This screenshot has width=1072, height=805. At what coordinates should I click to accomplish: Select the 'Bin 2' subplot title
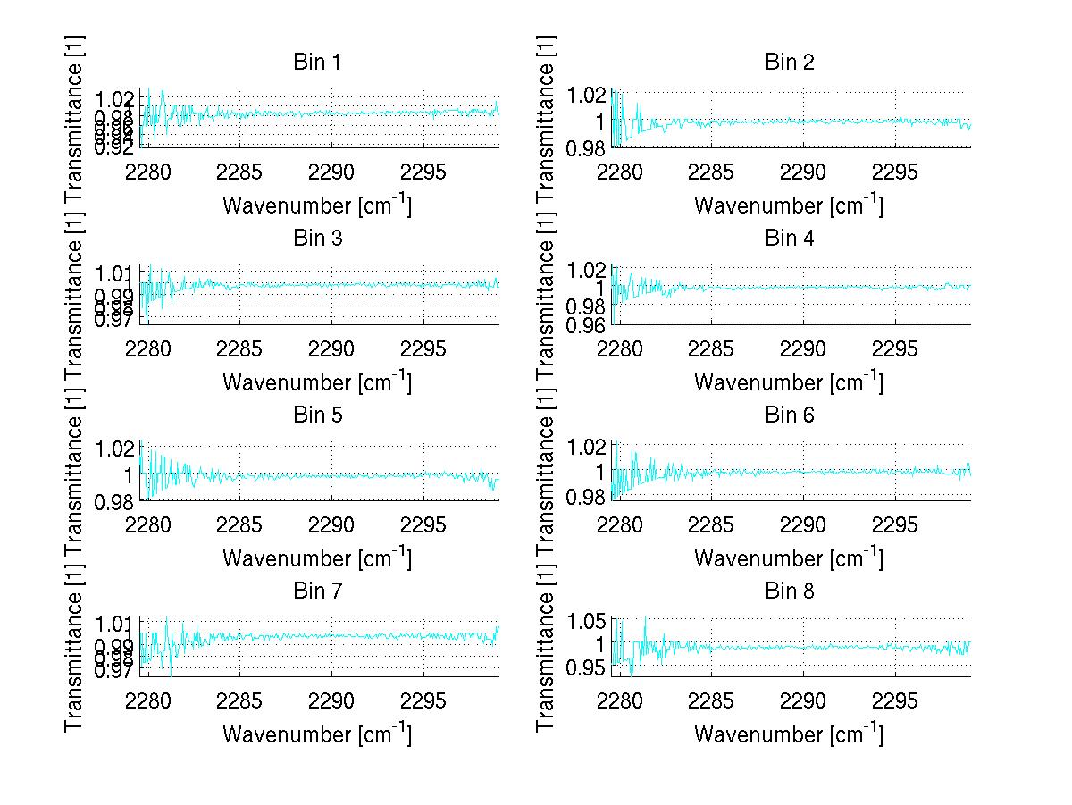789,63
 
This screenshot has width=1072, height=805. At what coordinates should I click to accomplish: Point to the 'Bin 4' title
789,239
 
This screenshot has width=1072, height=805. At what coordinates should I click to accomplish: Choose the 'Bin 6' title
789,415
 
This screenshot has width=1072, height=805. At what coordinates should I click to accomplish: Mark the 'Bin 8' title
789,591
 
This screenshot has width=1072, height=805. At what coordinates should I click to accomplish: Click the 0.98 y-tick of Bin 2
587,147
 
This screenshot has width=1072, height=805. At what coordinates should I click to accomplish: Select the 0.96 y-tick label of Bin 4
587,324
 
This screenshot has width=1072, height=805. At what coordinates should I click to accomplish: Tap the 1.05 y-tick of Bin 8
587,621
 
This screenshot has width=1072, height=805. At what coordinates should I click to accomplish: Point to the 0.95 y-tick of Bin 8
587,667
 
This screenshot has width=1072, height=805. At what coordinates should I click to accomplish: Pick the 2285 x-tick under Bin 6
712,524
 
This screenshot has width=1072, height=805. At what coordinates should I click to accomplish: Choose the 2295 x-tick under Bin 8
895,700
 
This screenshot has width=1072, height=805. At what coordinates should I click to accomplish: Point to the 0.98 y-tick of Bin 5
116,502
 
